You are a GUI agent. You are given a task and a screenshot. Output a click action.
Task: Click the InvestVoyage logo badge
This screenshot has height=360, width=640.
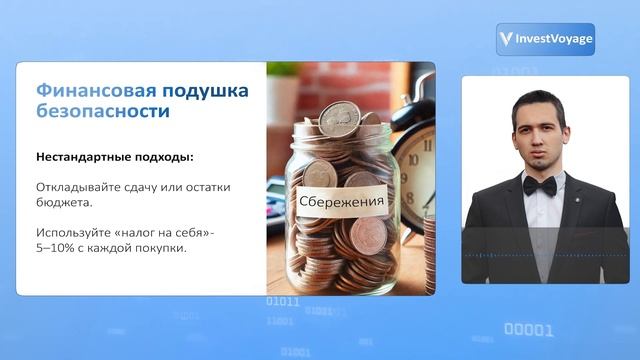545,39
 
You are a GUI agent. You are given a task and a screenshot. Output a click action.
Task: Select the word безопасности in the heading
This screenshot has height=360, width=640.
102,111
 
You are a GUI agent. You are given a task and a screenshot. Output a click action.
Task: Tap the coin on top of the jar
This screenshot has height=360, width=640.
338,118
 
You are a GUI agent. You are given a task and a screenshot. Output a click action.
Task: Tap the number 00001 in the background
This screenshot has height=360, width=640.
528,329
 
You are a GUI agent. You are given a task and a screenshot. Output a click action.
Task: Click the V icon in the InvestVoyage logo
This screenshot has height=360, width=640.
507,39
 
